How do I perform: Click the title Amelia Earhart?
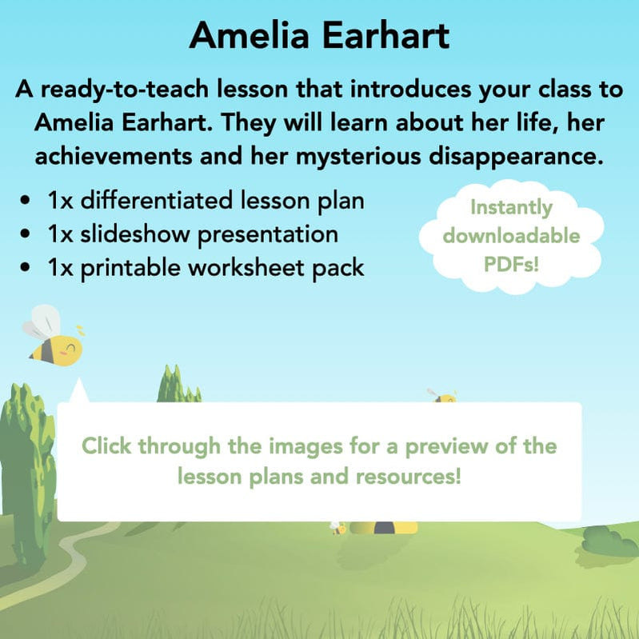coord(320,35)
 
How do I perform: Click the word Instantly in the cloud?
coord(511,209)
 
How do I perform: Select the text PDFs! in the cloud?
coord(512,264)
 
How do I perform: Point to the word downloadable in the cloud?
coord(512,236)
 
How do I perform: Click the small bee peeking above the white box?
coord(442,395)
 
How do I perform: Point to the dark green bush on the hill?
coord(609,541)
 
